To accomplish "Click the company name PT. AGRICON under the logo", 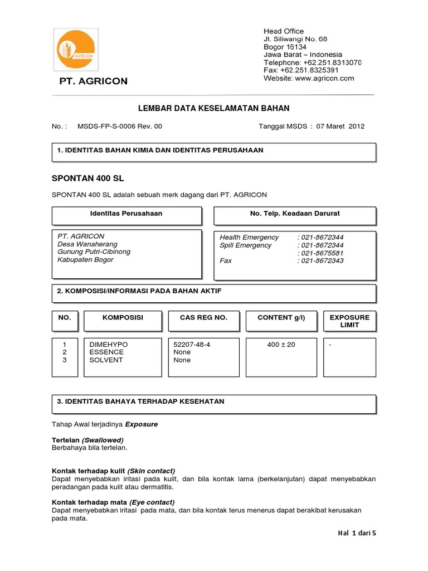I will point(94,81).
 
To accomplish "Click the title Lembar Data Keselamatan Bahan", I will point(213,108).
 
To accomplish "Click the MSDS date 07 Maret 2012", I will point(340,127).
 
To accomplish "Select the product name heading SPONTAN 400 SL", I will point(87,178).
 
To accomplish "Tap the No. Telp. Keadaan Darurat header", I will point(295,214).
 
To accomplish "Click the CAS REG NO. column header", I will point(203,317).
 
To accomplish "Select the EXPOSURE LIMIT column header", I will point(349,321).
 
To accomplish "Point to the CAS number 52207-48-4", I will point(192,345).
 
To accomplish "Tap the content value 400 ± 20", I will point(281,345).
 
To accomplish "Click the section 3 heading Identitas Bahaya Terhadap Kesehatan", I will point(140,401).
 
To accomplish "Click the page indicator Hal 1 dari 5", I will point(357,533).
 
